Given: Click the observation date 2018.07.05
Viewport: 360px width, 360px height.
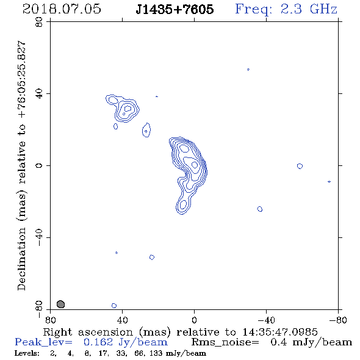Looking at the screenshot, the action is (x=62, y=9).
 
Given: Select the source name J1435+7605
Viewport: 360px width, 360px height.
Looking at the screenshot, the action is (x=175, y=9).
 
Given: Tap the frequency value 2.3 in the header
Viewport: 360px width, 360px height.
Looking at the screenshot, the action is (x=291, y=9).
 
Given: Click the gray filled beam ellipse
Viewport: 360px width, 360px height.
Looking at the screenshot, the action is (x=60, y=304).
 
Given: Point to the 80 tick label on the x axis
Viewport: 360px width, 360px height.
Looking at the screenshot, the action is (x=50, y=320).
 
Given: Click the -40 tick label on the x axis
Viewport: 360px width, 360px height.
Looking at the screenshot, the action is (x=266, y=320).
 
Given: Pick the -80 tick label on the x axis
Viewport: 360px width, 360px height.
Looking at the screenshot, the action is (x=338, y=320).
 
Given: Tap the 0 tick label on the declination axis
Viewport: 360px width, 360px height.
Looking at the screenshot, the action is (x=39, y=165).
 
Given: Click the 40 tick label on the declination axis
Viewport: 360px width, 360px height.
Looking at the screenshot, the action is (x=39, y=94).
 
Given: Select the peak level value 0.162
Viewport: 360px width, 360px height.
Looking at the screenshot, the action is (x=98, y=342).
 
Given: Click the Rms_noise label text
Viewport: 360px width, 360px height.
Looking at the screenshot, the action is (x=225, y=342).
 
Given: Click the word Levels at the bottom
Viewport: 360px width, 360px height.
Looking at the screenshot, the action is (x=27, y=353).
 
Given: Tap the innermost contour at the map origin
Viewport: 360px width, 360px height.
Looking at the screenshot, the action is (x=195, y=165).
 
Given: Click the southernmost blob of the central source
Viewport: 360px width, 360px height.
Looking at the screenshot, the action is (x=183, y=204).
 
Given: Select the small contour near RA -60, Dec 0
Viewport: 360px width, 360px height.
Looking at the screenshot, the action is (x=300, y=166).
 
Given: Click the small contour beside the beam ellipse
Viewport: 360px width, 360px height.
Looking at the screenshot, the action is (x=114, y=306).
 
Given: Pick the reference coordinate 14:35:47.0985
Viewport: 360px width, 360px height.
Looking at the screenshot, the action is (x=280, y=332).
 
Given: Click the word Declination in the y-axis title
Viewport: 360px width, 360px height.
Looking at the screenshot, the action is (x=21, y=259).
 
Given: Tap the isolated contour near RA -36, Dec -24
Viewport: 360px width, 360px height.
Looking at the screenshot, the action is (x=260, y=209).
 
